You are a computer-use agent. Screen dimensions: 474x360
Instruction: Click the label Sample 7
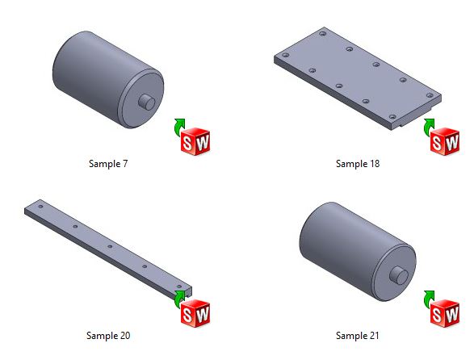coord(108,164)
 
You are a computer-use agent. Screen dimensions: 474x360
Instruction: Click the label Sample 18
coord(358,164)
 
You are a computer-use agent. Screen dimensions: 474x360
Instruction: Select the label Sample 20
coord(108,335)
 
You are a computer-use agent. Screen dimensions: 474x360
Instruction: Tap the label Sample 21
coord(357,335)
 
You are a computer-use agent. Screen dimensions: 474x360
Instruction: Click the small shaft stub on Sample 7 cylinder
coord(147,102)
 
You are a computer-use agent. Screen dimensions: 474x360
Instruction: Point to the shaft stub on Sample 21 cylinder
coord(399,275)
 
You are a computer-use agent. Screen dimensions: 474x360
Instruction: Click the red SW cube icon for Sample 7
coord(195,141)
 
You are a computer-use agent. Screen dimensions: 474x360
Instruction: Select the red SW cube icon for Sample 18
coord(445,141)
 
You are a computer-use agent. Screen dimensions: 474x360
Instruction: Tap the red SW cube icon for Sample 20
coord(195,313)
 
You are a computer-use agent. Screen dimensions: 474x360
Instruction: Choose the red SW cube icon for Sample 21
coord(445,313)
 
